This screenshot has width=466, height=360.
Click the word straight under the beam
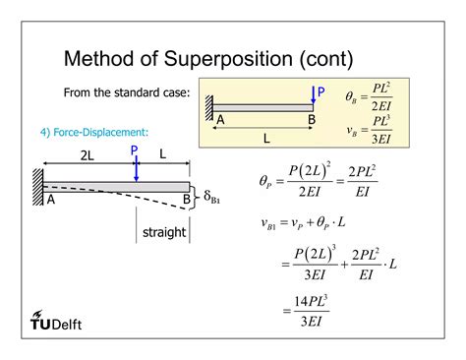click(162, 232)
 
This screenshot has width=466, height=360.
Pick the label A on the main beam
click(51, 200)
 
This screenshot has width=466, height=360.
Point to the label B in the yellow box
click(311, 120)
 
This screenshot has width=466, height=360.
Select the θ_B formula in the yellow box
click(369, 98)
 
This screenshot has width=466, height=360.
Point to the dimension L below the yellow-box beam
click(265, 139)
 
